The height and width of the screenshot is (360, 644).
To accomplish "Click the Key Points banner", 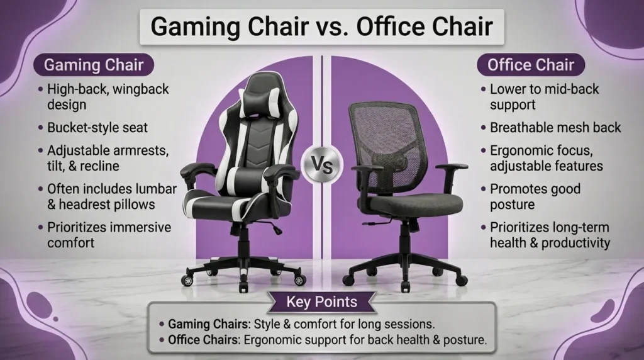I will tap(321, 301).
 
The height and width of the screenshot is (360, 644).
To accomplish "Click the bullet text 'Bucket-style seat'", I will tap(97, 128).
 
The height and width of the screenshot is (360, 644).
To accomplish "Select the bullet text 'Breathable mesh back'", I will tap(555, 128).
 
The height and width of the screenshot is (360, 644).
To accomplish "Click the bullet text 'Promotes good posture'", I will tap(535, 196).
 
